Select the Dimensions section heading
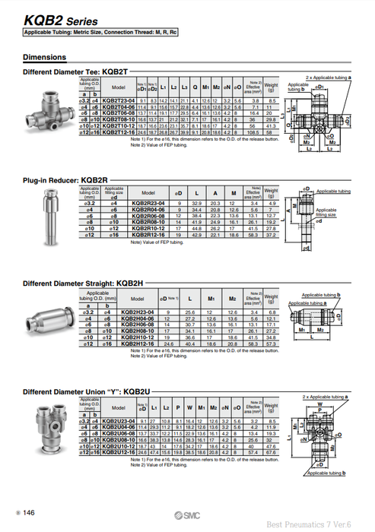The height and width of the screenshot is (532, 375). pyautogui.click(x=44, y=57)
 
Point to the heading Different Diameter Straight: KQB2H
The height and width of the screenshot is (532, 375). pyautogui.click(x=75, y=283)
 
